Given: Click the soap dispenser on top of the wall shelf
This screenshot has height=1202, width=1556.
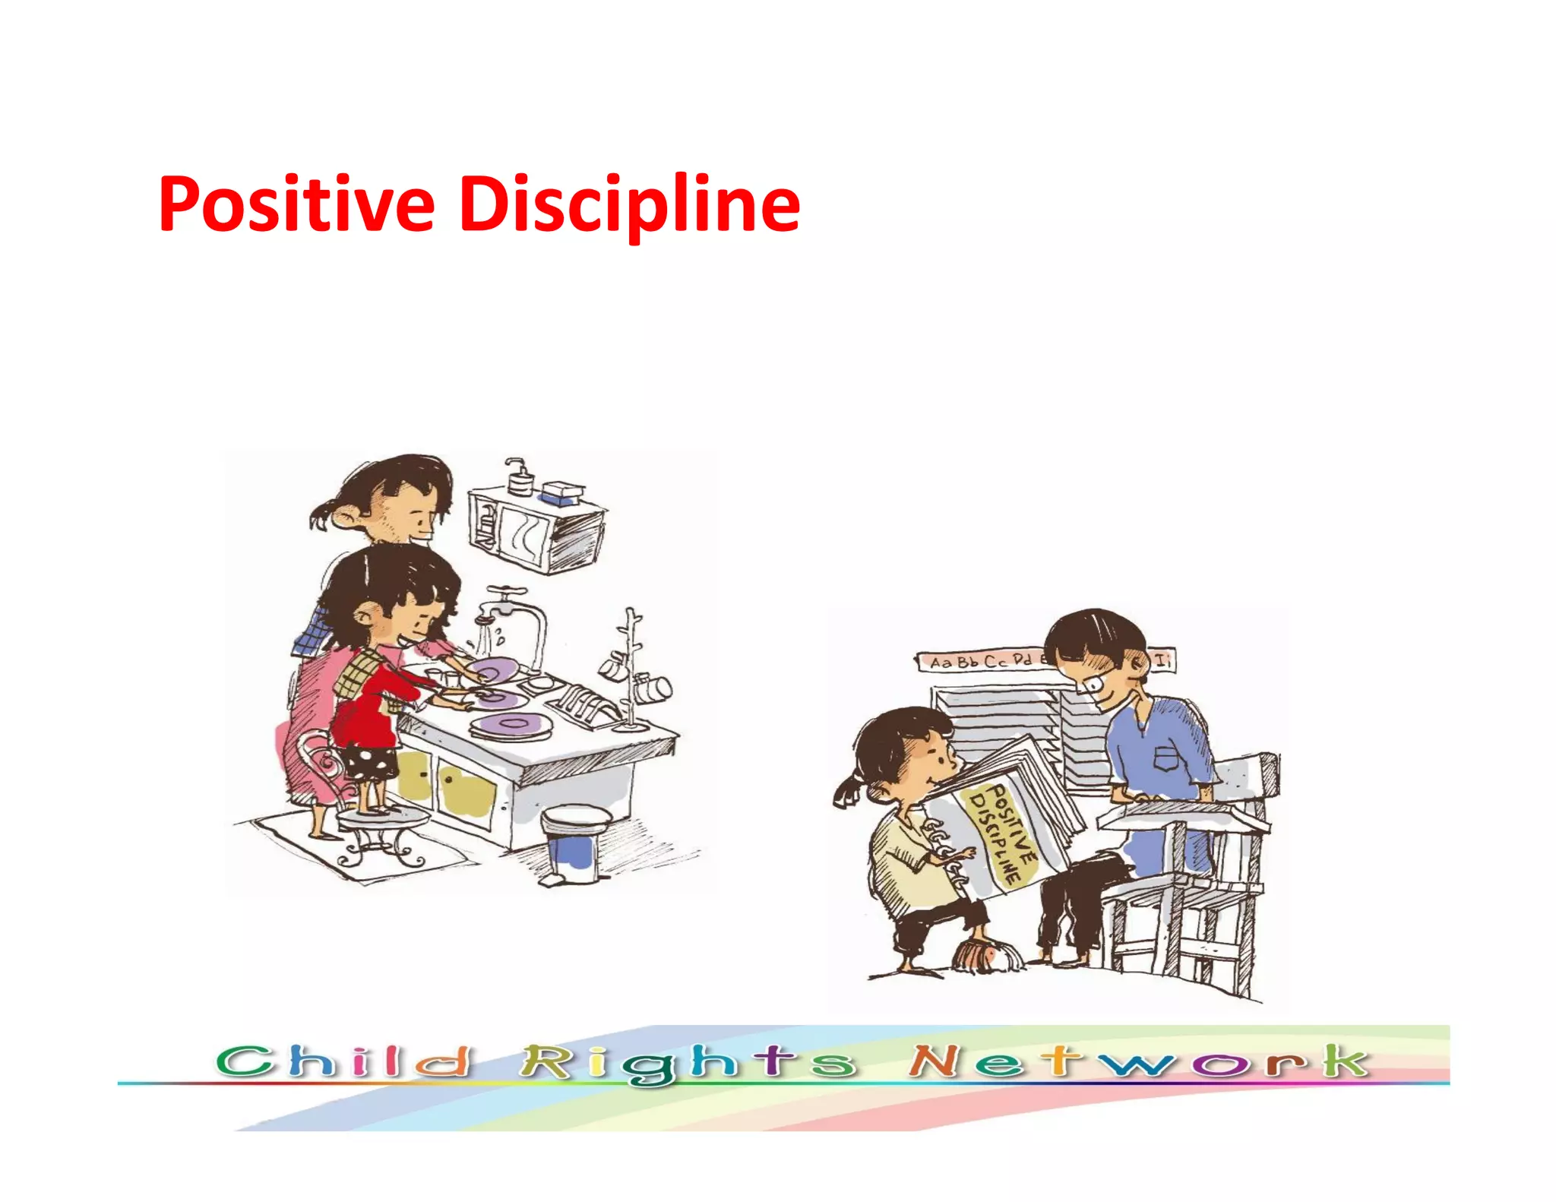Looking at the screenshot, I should pos(519,477).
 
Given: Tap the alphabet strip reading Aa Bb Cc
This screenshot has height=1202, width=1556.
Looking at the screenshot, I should pos(980,661).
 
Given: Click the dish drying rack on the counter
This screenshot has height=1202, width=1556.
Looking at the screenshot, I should pos(581,703).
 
